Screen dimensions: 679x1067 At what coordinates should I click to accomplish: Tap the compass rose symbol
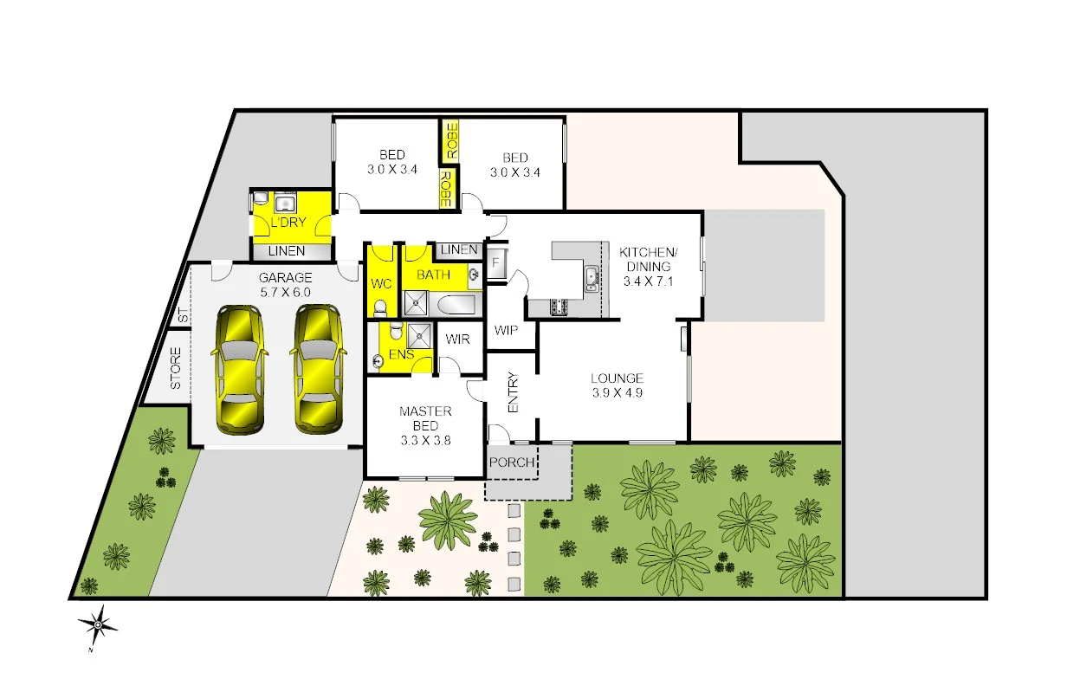click(99, 623)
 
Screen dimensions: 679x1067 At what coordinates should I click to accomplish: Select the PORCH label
click(512, 462)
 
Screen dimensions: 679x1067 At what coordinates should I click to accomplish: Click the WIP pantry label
click(506, 330)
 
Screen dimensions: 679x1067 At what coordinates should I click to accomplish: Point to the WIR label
click(458, 339)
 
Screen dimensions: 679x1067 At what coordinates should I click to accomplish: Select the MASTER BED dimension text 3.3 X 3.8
click(424, 440)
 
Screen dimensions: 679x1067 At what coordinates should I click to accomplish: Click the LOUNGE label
click(617, 378)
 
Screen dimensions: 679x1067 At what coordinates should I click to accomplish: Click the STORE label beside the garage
click(176, 368)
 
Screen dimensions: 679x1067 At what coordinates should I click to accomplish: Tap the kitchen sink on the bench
click(592, 277)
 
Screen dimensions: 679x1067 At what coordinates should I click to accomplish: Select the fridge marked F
click(496, 263)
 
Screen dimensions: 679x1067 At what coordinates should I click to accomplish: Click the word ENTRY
click(513, 392)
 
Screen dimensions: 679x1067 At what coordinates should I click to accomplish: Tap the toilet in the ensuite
click(394, 332)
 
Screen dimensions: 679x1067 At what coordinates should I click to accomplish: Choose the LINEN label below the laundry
click(287, 251)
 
